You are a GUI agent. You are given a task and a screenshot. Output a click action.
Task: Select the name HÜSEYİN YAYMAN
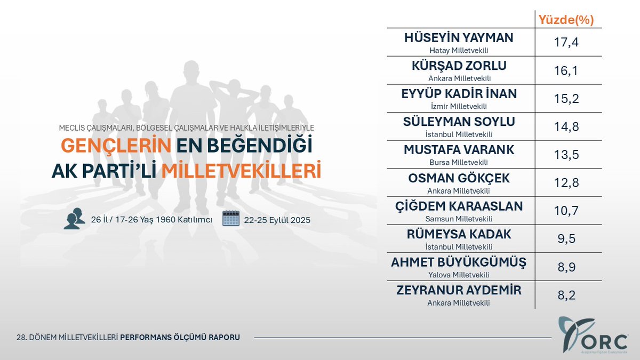pyautogui.click(x=459, y=38)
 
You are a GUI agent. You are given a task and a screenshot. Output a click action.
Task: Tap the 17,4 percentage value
pyautogui.click(x=565, y=43)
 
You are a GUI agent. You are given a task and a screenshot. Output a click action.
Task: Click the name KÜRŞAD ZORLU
pyautogui.click(x=459, y=66)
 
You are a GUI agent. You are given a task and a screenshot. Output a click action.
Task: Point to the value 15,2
pyautogui.click(x=565, y=99)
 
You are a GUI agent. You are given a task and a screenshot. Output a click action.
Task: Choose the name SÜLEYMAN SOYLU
pyautogui.click(x=459, y=122)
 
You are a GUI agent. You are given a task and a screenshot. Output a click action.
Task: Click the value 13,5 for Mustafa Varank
pyautogui.click(x=565, y=155)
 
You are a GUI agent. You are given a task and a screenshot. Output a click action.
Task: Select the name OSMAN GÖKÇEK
pyautogui.click(x=459, y=178)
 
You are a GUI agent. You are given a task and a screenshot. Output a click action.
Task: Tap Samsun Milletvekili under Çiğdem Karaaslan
pyautogui.click(x=459, y=219)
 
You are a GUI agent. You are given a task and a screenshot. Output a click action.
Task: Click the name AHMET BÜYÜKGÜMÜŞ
pyautogui.click(x=459, y=262)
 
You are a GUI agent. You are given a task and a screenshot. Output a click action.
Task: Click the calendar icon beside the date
pyautogui.click(x=231, y=219)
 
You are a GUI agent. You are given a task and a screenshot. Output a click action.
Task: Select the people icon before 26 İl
pyautogui.click(x=74, y=219)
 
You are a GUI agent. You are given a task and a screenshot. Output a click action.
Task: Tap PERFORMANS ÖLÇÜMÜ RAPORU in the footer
pyautogui.click(x=180, y=337)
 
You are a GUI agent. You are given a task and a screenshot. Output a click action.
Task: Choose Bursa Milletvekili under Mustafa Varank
pyautogui.click(x=459, y=162)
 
